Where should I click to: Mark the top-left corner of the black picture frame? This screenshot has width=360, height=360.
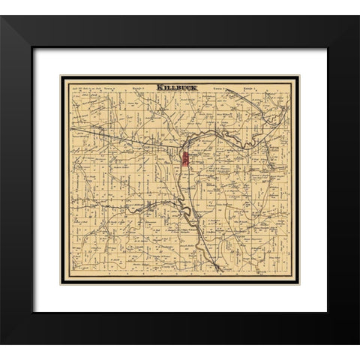1,16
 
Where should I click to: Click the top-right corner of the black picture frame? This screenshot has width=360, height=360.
358,16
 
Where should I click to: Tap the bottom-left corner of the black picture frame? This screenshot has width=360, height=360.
1,343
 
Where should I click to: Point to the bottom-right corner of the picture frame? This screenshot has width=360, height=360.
358,343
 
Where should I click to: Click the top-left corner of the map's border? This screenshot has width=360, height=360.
61,76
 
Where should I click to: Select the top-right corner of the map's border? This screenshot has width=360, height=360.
298,76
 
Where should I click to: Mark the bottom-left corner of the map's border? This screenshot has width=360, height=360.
61,283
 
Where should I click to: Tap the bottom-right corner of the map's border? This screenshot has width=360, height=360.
298,283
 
